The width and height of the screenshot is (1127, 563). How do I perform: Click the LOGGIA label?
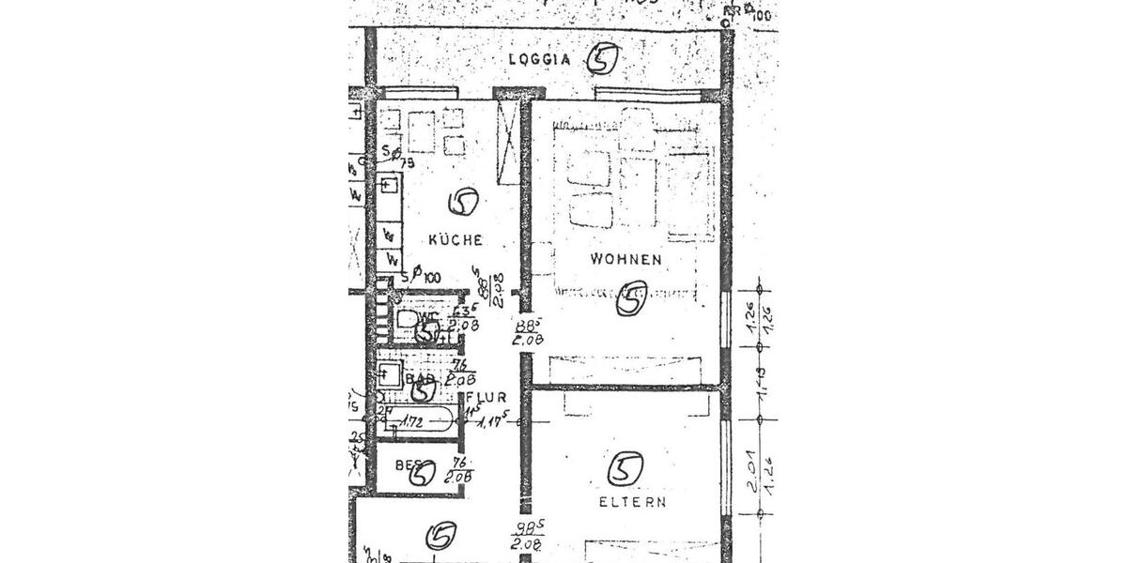click(539, 59)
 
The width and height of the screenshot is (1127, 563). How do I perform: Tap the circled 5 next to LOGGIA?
click(603, 59)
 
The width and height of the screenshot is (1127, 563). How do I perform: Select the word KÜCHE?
click(455, 240)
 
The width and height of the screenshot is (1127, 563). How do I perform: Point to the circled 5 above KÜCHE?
click(463, 201)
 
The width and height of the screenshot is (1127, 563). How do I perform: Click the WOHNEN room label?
click(625, 259)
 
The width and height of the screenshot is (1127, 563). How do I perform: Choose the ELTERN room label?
click(633, 502)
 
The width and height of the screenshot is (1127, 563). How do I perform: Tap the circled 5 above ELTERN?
click(625, 467)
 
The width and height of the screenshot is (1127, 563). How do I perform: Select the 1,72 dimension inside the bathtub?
click(411, 422)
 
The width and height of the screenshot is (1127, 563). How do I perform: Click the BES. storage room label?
click(407, 464)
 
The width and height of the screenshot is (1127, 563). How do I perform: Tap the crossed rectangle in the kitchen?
click(507, 142)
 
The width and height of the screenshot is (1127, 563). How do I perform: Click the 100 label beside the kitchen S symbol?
click(431, 277)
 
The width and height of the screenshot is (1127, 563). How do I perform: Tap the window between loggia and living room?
click(648, 93)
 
